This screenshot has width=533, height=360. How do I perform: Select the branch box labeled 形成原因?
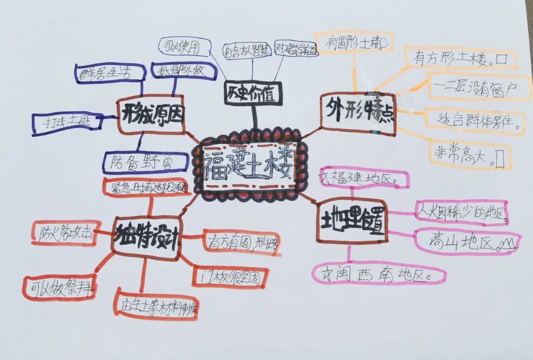pyautogui.click(x=151, y=115)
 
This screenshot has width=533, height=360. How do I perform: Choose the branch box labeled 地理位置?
pyautogui.click(x=351, y=220)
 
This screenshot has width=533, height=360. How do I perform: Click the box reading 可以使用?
pyautogui.click(x=182, y=46)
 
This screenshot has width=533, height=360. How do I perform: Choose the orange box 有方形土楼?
pyautogui.click(x=460, y=59)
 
